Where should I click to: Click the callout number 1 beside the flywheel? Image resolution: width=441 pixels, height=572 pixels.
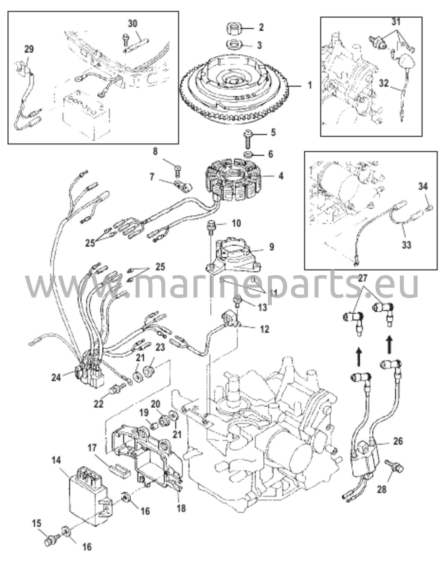(x=310, y=85)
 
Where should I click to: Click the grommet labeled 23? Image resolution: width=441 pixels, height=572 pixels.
(x=149, y=371)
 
